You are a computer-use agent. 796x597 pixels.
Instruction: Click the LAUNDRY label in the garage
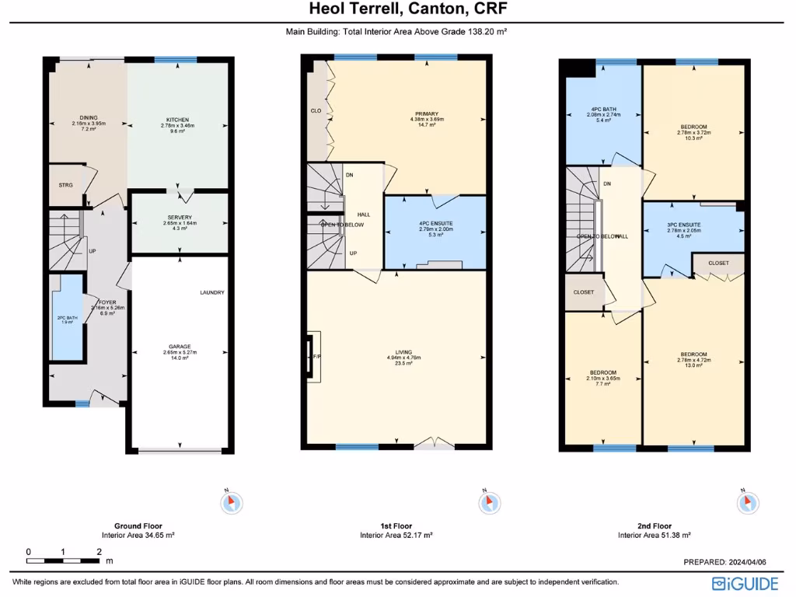coord(211,292)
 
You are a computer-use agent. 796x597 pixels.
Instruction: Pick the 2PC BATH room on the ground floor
coord(67,318)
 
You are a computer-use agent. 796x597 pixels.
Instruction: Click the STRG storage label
coord(65,185)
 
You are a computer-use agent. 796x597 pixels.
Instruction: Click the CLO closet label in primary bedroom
coord(316,110)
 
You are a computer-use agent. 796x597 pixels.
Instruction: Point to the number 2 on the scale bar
coord(99,551)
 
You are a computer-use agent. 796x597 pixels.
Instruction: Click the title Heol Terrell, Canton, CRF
coord(397,10)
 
